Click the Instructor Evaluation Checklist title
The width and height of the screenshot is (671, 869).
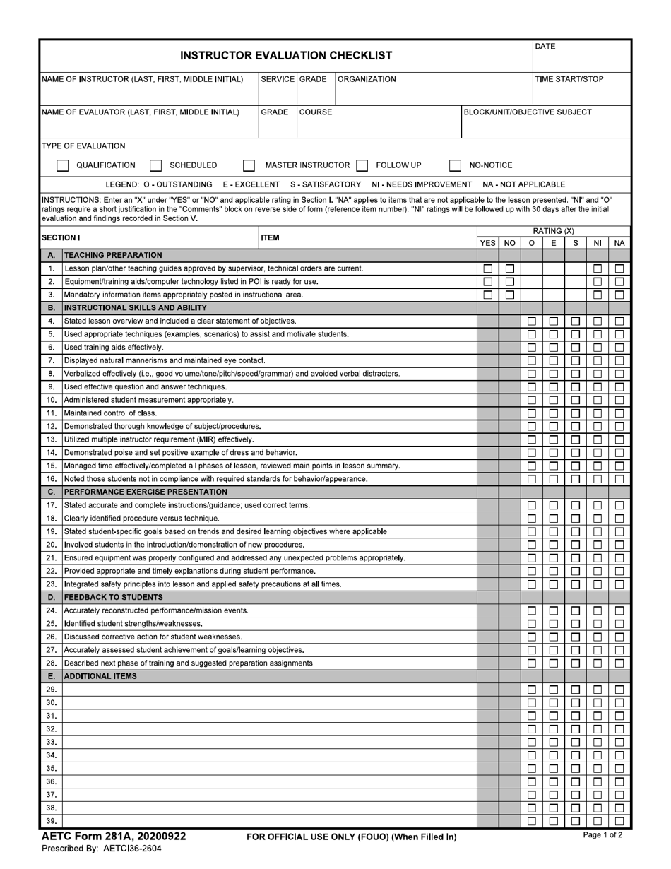point(286,55)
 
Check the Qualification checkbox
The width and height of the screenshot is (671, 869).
point(63,166)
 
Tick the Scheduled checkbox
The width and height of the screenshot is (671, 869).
point(156,166)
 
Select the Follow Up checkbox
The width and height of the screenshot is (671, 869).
point(362,166)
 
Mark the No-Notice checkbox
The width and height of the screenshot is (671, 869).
point(456,166)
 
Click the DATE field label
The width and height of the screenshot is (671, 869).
point(545,47)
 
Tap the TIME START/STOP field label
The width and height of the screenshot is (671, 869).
point(569,79)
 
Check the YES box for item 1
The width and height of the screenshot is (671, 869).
point(487,268)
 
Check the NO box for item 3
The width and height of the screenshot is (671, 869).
point(509,295)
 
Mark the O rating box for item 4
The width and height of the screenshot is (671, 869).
point(532,321)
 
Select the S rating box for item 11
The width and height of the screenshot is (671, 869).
point(576,413)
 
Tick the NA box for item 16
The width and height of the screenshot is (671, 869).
point(619,479)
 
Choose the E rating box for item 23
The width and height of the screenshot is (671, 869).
point(554,584)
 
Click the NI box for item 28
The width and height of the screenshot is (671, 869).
point(598,663)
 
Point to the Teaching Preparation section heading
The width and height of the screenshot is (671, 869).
point(113,255)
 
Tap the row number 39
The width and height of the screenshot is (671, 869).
point(51,821)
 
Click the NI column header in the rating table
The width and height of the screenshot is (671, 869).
point(598,243)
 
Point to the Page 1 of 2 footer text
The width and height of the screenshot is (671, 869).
point(602,835)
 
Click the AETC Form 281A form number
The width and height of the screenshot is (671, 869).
point(114,837)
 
